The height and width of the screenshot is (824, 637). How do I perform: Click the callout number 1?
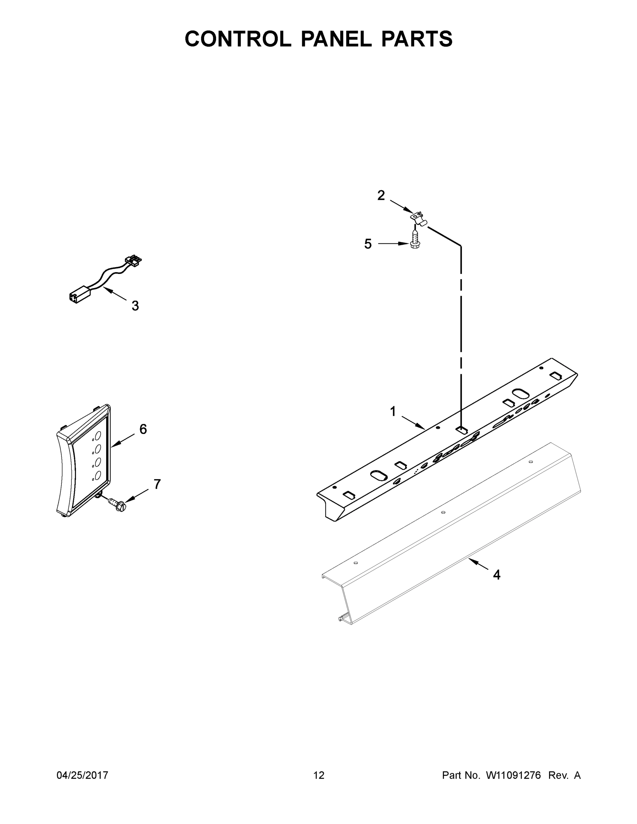(x=393, y=412)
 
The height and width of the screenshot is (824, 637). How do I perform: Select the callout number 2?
(x=381, y=195)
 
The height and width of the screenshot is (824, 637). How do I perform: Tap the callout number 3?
(x=135, y=306)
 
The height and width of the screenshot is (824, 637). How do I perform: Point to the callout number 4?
(x=497, y=575)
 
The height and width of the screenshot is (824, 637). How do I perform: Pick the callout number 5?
(x=368, y=244)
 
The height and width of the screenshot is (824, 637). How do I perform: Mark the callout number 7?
(x=157, y=484)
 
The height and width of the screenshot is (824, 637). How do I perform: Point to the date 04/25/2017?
(x=82, y=775)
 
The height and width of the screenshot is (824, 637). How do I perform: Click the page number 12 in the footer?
(x=319, y=775)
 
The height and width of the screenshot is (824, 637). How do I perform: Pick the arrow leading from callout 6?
(x=122, y=441)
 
